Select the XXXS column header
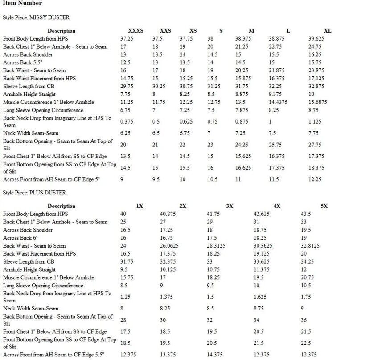pyautogui.click(x=136, y=31)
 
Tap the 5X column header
pyautogui.click(x=324, y=206)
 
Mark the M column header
pyautogui.click(x=251, y=31)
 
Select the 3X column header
pyautogui.click(x=230, y=206)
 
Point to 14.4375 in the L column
pyautogui.click(x=279, y=102)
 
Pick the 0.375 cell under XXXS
pyautogui.click(x=127, y=122)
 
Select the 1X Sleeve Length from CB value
pyautogui.click(x=127, y=262)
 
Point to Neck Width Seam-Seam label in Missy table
pyautogui.click(x=31, y=133)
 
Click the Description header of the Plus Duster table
pyautogui.click(x=61, y=206)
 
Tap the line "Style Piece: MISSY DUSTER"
pyautogui.click(x=36, y=17)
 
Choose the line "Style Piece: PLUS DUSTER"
pyautogui.click(x=34, y=193)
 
